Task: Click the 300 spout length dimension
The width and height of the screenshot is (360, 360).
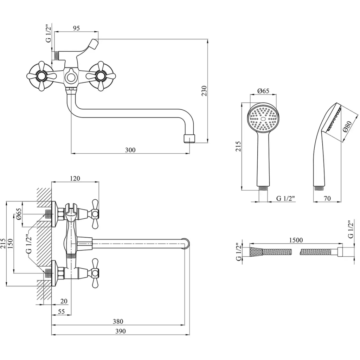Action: click(x=130, y=150)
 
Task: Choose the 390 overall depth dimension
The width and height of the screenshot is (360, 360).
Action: click(x=120, y=331)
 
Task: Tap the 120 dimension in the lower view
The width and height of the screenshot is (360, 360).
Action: click(x=75, y=178)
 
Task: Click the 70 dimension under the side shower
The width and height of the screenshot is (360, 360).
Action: click(x=327, y=198)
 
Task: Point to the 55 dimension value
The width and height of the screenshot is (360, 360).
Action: click(x=61, y=311)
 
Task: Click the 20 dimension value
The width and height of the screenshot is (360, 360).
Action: click(x=64, y=301)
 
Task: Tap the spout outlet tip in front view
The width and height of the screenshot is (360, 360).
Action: click(x=190, y=138)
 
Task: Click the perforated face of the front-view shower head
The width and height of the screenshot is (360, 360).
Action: click(x=263, y=119)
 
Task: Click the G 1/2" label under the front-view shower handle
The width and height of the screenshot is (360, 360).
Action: click(x=285, y=198)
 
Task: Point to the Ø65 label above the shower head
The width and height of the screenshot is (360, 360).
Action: click(x=263, y=91)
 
